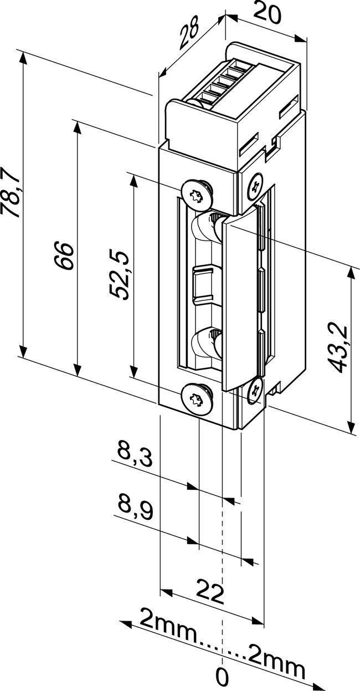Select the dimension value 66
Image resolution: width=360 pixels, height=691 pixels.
pyautogui.click(x=65, y=255)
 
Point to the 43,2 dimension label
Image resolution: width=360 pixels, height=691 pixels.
pyautogui.click(x=337, y=349)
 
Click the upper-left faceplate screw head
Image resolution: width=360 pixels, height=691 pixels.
pyautogui.click(x=197, y=194)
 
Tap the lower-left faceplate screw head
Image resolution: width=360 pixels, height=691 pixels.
pyautogui.click(x=197, y=398)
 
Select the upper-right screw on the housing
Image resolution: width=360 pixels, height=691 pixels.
pyautogui.click(x=255, y=186)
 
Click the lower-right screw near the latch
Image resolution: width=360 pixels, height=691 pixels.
pyautogui.click(x=255, y=390)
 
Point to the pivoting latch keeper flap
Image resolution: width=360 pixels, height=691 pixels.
pyautogui.click(x=239, y=299)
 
